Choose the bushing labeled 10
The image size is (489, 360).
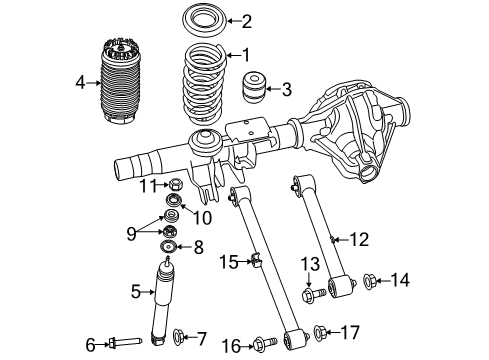pos(172,204)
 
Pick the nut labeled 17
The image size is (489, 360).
pos(323,332)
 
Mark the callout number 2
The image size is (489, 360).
pos(246,20)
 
